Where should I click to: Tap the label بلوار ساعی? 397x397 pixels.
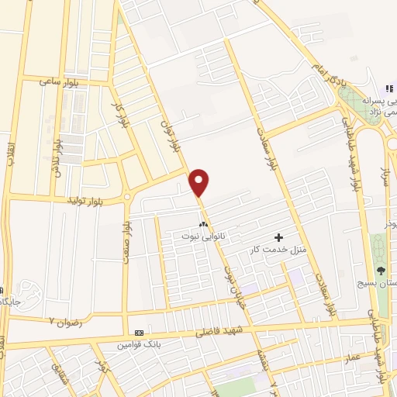63,82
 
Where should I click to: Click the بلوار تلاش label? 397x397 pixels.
56,158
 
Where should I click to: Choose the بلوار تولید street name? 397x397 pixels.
102,200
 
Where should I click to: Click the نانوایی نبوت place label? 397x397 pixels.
202,234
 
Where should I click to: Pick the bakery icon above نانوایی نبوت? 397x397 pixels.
204,223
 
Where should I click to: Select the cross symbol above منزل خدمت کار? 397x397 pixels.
279,236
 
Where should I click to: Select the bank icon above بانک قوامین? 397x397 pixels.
140,332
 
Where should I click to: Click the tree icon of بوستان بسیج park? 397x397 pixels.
381,270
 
